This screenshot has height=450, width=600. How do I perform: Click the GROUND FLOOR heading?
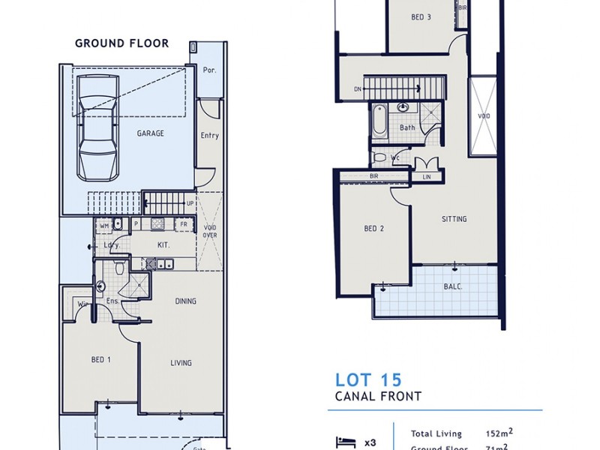tap(121, 43)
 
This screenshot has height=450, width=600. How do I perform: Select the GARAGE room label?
tap(150, 133)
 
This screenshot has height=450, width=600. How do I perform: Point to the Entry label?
tap(210, 136)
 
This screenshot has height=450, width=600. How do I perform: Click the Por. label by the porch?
tap(210, 70)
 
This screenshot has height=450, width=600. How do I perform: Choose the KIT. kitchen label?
tap(163, 245)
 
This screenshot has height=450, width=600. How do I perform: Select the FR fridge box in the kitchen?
tap(182, 224)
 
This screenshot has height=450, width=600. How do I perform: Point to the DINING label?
tap(185, 301)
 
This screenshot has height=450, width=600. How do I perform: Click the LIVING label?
tap(181, 363)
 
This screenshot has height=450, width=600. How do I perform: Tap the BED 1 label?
tap(101, 360)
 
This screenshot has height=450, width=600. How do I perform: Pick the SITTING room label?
tap(454, 219)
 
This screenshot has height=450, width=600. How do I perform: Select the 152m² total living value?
tap(497, 433)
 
